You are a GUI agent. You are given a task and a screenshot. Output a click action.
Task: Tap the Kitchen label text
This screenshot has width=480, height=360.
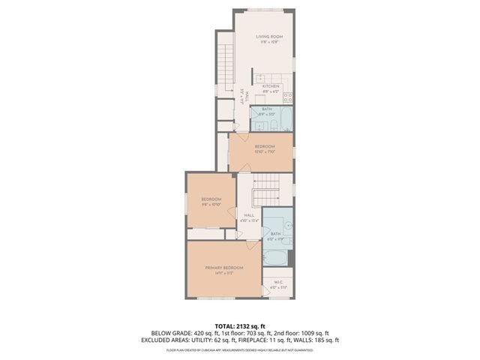271,87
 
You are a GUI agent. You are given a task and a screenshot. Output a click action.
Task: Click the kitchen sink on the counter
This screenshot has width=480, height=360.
260,77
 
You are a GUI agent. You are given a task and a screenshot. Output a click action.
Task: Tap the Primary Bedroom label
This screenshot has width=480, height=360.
224,269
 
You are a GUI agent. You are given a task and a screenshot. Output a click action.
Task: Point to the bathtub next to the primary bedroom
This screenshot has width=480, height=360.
274,257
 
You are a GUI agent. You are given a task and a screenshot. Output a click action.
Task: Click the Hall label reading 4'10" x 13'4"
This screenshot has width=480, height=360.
249,217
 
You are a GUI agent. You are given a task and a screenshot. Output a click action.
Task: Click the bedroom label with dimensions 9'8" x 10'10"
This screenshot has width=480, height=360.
211,201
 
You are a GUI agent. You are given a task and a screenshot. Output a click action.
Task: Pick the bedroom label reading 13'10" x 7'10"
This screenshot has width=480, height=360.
264,148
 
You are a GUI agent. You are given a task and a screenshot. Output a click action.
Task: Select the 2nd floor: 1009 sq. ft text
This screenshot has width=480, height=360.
301,332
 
